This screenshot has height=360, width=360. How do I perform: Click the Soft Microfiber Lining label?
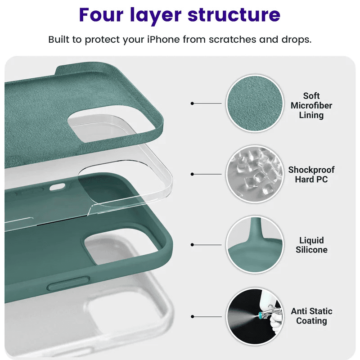[311, 106]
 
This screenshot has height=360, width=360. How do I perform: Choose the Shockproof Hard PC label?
[311, 175]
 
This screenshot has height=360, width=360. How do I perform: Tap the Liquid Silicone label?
[311, 245]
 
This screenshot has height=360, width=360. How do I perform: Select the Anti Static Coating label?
[311, 316]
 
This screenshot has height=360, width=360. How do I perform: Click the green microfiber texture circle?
[255, 103]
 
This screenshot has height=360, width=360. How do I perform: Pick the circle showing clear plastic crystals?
[255, 174]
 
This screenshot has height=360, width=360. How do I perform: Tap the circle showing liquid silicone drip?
[255, 245]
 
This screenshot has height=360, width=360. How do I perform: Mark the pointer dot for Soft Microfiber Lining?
[193, 103]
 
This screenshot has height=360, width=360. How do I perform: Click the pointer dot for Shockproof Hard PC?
[193, 174]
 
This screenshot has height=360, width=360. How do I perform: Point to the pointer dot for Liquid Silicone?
[193, 245]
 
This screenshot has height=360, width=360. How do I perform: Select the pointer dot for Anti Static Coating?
[193, 316]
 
